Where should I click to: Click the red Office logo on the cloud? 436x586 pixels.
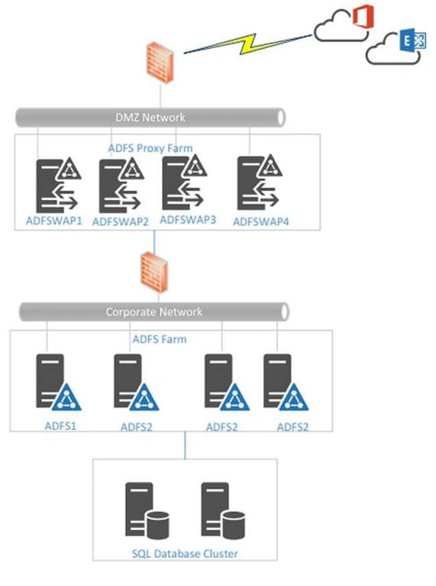(x=363, y=16)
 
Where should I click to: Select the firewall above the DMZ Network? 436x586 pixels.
(x=160, y=63)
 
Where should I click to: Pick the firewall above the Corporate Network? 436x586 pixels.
(x=154, y=272)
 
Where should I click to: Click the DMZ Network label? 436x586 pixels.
(x=150, y=118)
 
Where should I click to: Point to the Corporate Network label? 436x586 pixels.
(x=153, y=311)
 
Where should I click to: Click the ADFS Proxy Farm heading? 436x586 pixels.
(x=150, y=148)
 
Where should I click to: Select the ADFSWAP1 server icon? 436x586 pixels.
(x=58, y=185)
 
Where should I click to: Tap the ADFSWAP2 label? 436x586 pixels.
(x=121, y=221)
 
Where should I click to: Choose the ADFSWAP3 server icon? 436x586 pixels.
(x=185, y=182)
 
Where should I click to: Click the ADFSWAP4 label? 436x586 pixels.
(x=260, y=221)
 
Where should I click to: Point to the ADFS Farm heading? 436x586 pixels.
(x=160, y=339)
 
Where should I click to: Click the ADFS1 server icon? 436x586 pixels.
(x=58, y=382)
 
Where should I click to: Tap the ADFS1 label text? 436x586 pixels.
(x=60, y=426)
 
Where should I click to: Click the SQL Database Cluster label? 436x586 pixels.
(x=185, y=553)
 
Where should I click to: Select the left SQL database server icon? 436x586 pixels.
(x=147, y=510)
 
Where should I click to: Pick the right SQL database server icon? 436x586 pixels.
(x=223, y=510)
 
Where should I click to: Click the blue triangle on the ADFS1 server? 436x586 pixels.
(x=66, y=398)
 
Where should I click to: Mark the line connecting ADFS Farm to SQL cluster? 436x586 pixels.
(x=185, y=445)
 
